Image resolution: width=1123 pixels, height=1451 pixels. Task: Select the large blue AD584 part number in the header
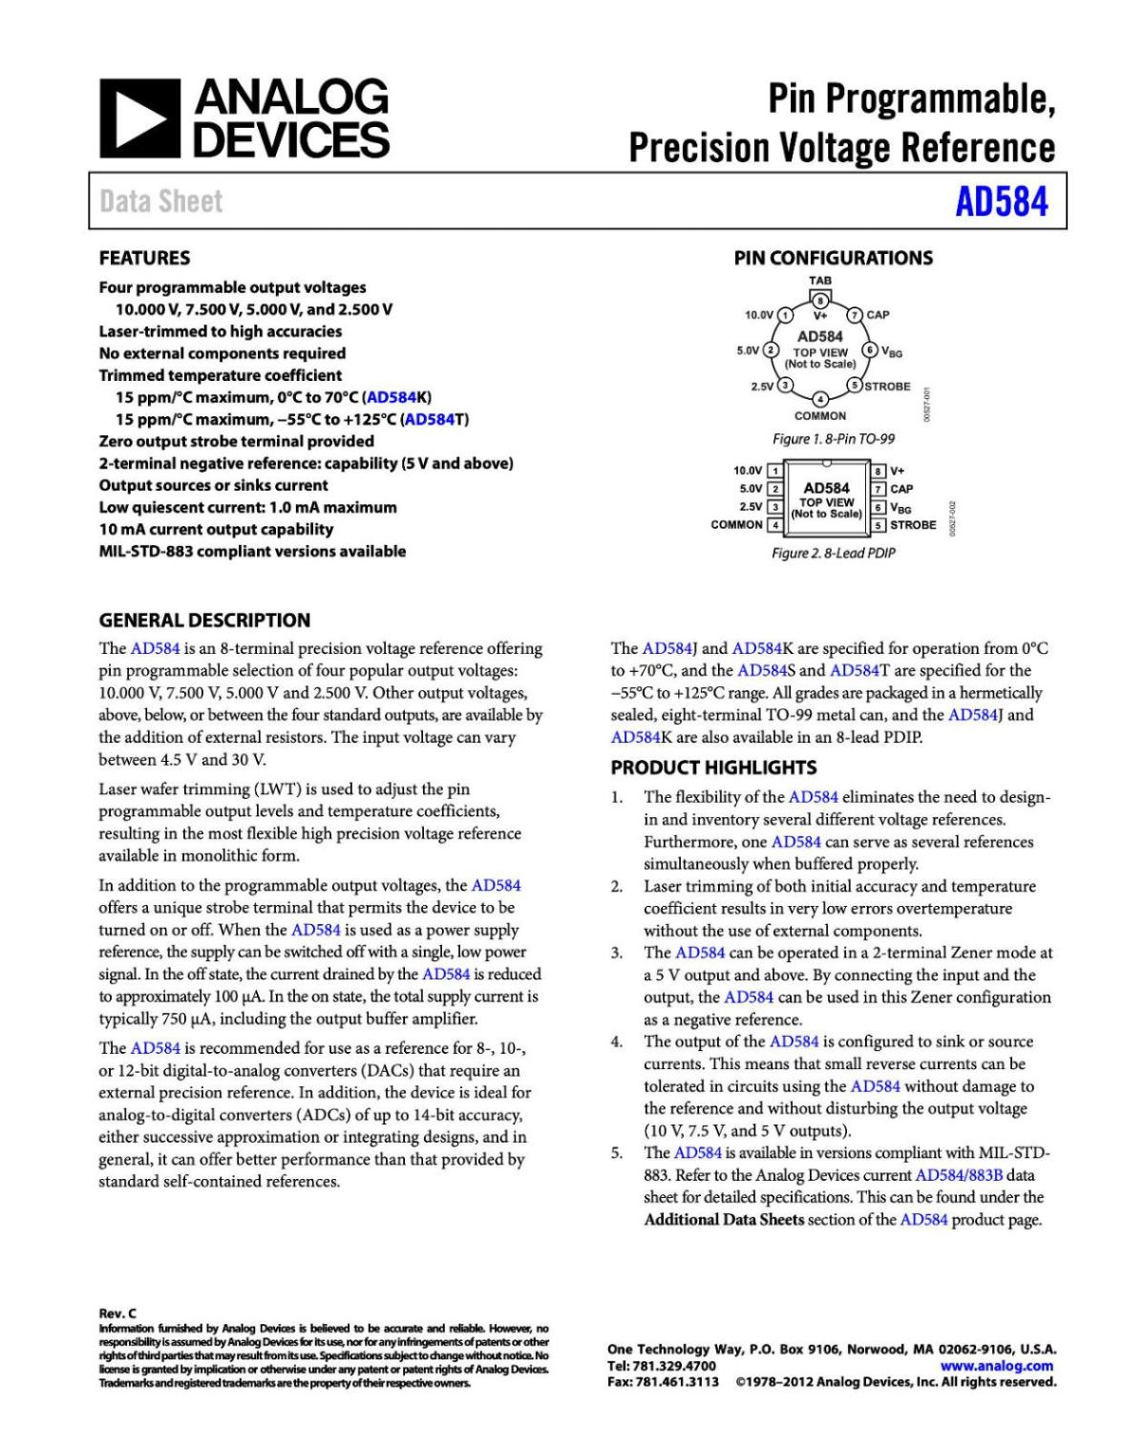point(1001,201)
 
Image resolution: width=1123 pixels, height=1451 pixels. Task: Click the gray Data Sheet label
point(160,201)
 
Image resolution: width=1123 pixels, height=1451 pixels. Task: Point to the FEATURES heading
point(144,258)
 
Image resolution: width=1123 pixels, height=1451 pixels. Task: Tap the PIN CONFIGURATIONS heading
point(833,258)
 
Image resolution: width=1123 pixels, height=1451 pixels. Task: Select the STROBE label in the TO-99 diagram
point(887,387)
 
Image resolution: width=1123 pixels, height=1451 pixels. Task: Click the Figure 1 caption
point(833,439)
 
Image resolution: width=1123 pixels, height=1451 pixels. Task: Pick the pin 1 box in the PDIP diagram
point(775,471)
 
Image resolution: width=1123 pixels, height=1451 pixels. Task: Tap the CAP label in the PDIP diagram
point(901,489)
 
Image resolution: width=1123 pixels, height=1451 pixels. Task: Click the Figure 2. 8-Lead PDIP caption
point(833,553)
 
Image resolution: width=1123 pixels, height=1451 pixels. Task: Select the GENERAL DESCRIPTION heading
point(204,620)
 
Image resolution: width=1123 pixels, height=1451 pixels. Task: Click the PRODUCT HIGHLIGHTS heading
point(713,768)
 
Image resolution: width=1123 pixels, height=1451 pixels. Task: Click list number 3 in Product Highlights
point(617,953)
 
